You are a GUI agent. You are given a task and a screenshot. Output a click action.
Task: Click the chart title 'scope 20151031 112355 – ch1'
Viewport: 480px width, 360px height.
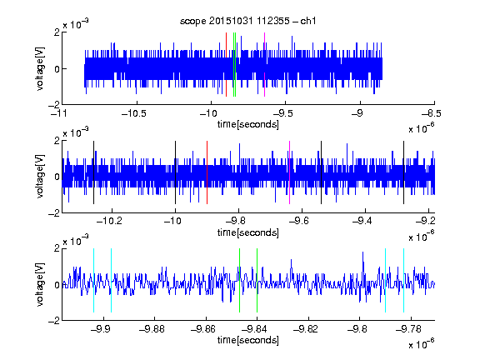pyautogui.click(x=247, y=21)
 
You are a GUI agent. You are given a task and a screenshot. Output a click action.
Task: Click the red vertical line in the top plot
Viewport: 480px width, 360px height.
pyautogui.click(x=226, y=64)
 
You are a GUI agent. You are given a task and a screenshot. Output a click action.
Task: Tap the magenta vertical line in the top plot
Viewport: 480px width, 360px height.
pyautogui.click(x=264, y=64)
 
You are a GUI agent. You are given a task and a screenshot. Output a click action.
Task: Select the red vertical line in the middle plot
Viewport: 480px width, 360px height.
pyautogui.click(x=207, y=172)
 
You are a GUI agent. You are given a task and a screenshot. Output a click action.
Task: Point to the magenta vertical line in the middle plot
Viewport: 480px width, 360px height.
pyautogui.click(x=290, y=172)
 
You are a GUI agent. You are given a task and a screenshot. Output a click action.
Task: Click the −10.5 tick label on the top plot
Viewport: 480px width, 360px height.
pyautogui.click(x=134, y=114)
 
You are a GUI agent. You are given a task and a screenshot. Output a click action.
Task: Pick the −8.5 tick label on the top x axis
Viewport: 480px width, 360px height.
pyautogui.click(x=432, y=114)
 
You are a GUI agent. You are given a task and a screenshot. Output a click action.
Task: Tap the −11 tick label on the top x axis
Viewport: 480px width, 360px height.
pyautogui.click(x=59, y=114)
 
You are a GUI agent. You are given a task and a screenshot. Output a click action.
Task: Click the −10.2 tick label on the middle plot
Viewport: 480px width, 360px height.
pyautogui.click(x=109, y=221)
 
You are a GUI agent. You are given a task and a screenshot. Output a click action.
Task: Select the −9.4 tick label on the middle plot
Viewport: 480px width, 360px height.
pyautogui.click(x=362, y=221)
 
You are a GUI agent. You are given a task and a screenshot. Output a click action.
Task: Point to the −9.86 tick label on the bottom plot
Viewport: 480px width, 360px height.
pyautogui.click(x=203, y=329)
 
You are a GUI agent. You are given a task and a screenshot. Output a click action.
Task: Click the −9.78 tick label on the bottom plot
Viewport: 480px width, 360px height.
pyautogui.click(x=408, y=329)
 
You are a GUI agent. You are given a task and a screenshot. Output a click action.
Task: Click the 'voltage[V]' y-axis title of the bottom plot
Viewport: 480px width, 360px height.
pyautogui.click(x=40, y=285)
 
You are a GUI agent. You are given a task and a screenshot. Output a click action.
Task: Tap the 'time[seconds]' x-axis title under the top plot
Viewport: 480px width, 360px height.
pyautogui.click(x=248, y=124)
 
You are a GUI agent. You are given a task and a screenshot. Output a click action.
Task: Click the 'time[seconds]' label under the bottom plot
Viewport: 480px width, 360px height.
pyautogui.click(x=248, y=340)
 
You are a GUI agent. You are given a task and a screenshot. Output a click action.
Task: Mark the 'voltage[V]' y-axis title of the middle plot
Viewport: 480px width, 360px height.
pyautogui.click(x=40, y=177)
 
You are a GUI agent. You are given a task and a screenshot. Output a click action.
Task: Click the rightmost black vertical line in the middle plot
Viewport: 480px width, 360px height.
pyautogui.click(x=403, y=172)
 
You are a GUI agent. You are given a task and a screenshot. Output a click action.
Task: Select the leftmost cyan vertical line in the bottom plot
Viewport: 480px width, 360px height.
pyautogui.click(x=93, y=280)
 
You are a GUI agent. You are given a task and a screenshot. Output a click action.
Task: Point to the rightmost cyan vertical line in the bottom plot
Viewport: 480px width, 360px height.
pyautogui.click(x=403, y=280)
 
